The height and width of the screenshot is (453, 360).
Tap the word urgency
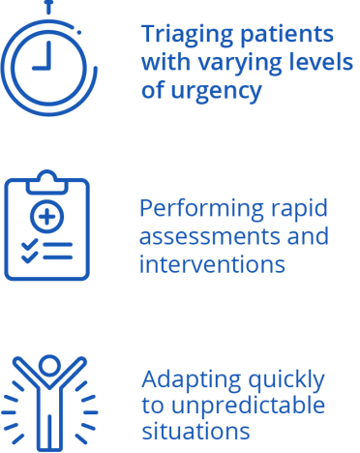[x=216, y=92]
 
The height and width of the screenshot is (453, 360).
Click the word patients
[x=287, y=35]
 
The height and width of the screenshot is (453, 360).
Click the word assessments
[x=210, y=237]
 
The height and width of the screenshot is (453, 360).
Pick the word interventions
[x=212, y=265]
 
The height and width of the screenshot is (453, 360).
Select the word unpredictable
[x=248, y=405]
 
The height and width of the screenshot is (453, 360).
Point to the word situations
[x=195, y=431]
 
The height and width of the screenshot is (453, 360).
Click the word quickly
[x=286, y=380]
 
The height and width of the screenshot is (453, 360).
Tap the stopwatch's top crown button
[x=48, y=7]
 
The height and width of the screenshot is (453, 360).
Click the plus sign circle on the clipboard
[x=47, y=216]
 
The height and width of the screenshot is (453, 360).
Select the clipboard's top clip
[x=46, y=183]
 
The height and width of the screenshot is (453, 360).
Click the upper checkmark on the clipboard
[x=29, y=245]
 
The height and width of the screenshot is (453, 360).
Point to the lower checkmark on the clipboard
[x=29, y=257]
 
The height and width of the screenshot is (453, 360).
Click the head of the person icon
[x=49, y=366]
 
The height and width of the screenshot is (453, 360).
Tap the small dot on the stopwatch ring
[x=79, y=32]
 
